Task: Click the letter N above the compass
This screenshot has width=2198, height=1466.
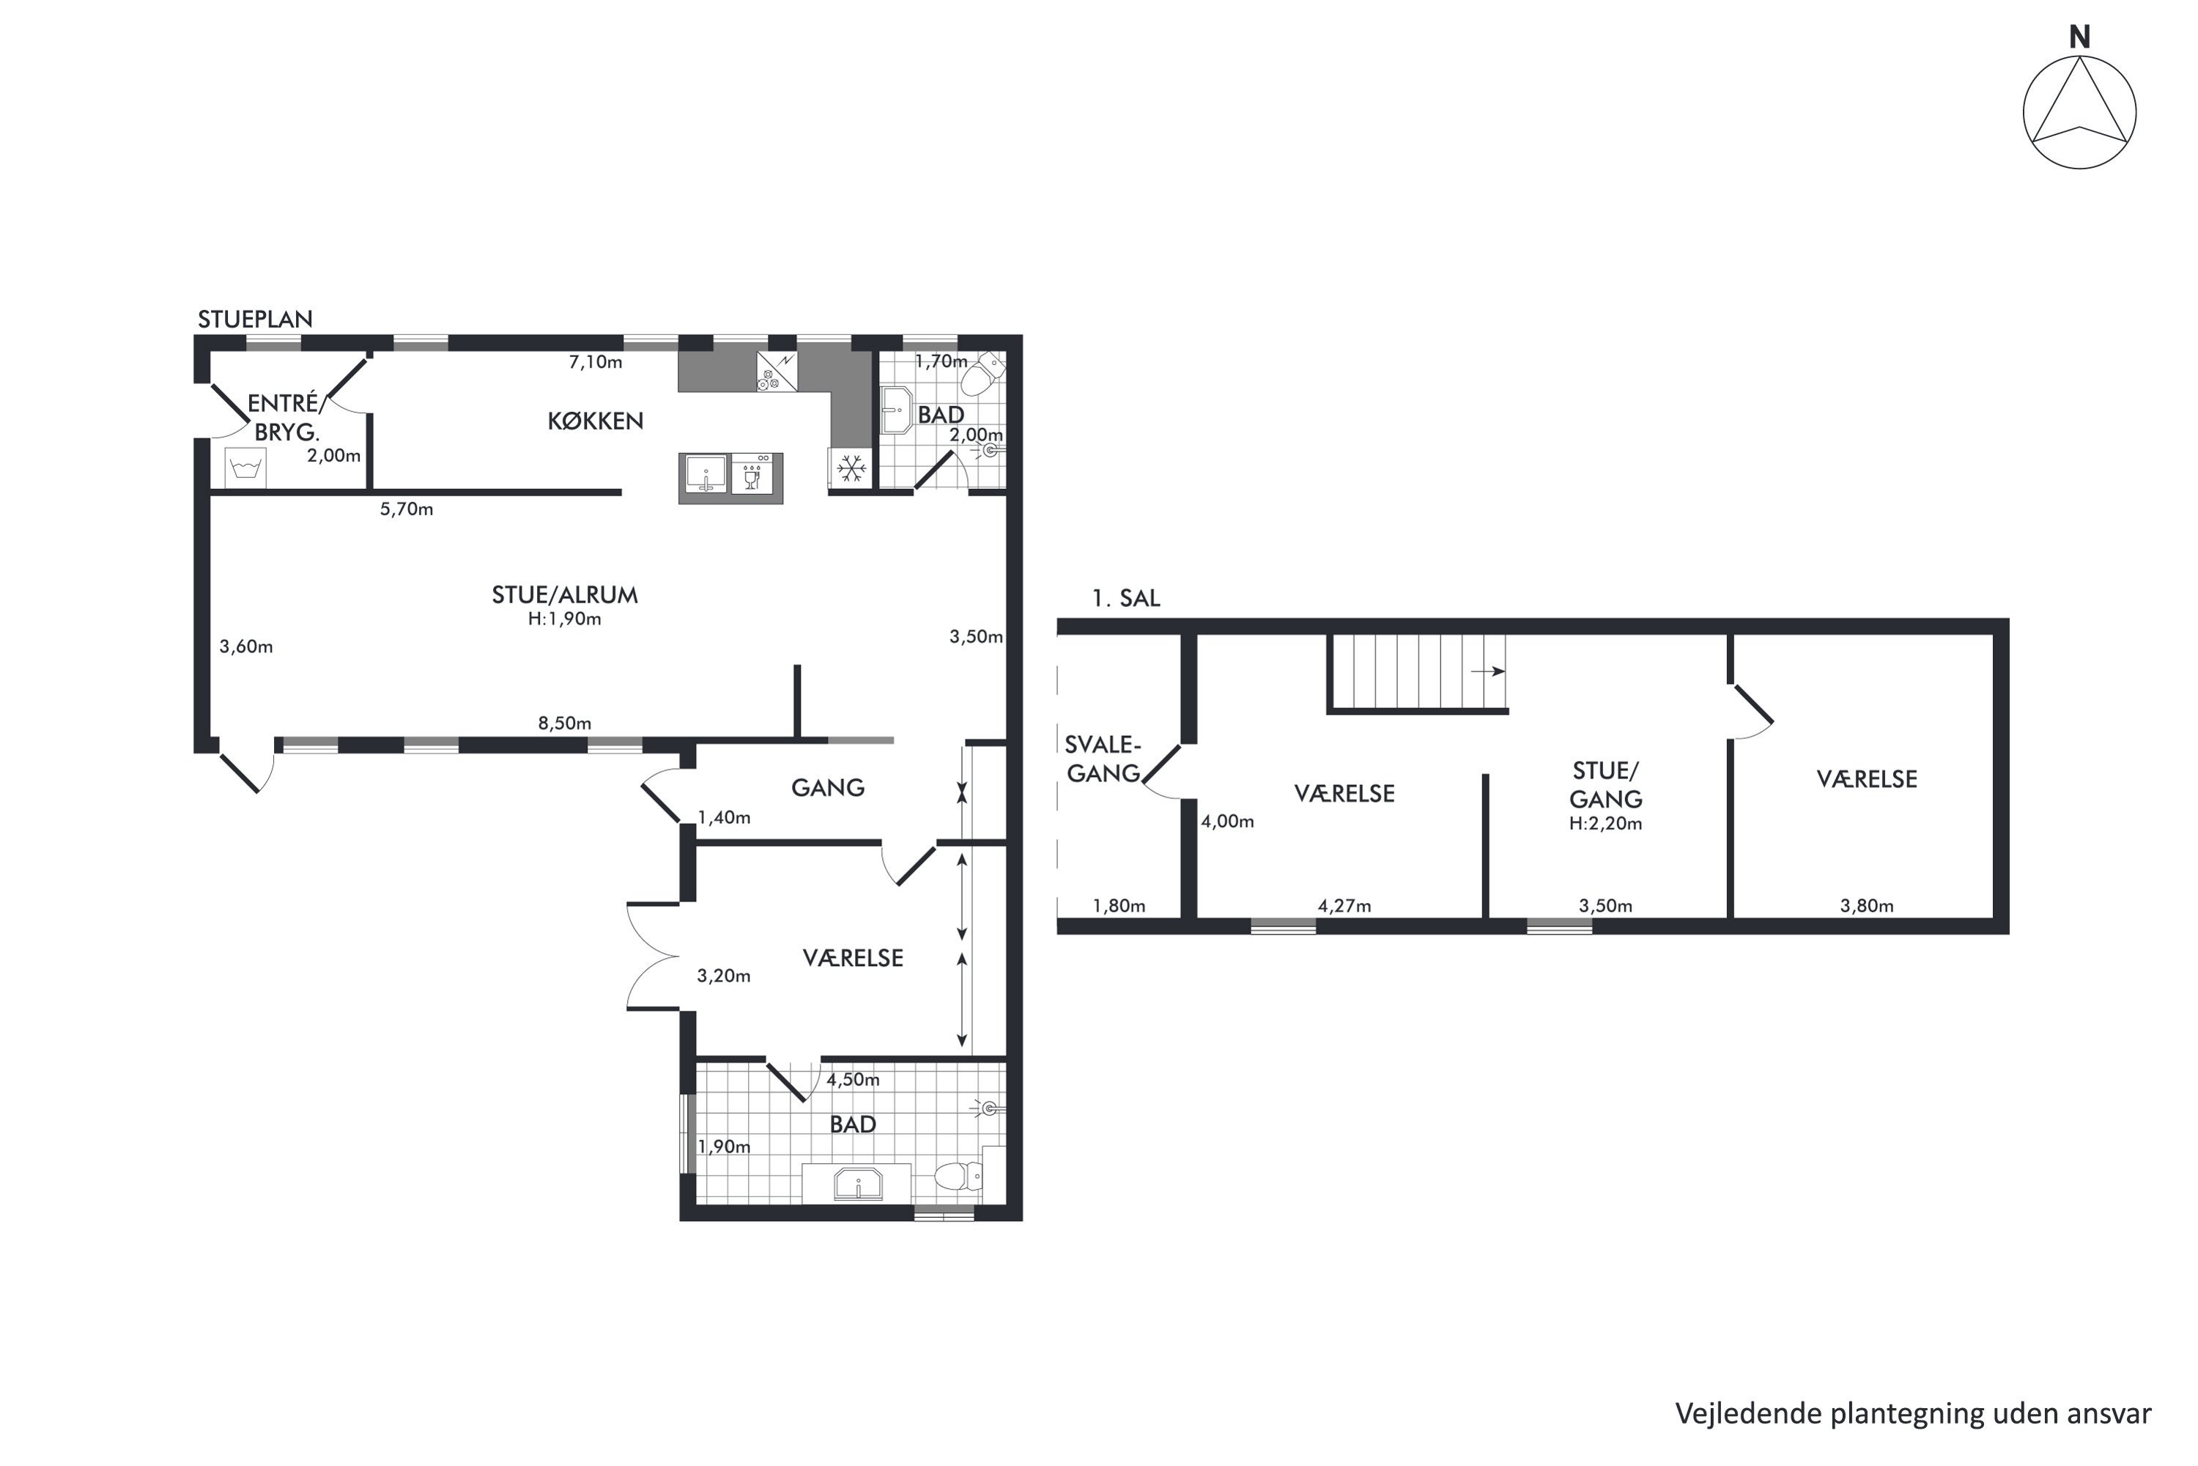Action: point(2079,37)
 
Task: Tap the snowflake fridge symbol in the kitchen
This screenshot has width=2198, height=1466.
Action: point(851,468)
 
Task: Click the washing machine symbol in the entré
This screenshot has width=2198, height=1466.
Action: point(245,468)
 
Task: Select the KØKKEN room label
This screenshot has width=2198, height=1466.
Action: point(595,421)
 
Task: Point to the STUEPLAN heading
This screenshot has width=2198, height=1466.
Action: point(255,319)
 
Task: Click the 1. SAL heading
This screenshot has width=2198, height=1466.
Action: point(1126,598)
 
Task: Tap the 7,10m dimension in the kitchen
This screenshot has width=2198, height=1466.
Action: point(595,362)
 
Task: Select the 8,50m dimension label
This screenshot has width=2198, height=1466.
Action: point(564,723)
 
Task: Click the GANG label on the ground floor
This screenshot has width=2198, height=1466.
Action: point(828,788)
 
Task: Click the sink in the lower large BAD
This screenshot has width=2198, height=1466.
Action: point(857,1184)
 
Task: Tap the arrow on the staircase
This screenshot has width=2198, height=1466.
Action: point(1488,671)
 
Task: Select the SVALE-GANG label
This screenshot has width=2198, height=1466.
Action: point(1103,759)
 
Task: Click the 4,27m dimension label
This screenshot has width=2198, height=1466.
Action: point(1344,906)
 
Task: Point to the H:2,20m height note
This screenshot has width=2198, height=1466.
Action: point(1605,824)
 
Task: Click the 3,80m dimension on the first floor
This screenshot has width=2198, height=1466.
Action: point(1867,906)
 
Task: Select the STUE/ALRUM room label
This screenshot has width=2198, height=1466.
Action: point(564,595)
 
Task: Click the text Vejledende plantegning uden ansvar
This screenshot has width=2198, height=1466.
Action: point(1913,1415)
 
